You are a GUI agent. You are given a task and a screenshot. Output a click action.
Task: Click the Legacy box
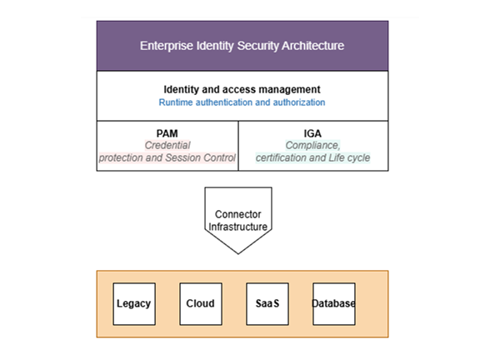pyautogui.click(x=133, y=303)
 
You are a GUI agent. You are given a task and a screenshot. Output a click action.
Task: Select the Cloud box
pyautogui.click(x=200, y=303)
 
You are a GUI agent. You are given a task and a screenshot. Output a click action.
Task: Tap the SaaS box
pyautogui.click(x=267, y=303)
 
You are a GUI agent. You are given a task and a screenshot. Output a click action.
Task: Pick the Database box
pyautogui.click(x=333, y=303)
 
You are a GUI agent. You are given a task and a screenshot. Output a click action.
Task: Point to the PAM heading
pyautogui.click(x=167, y=132)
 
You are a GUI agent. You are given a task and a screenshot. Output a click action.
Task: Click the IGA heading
pyautogui.click(x=312, y=132)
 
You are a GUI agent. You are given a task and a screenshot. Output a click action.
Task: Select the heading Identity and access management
pyautogui.click(x=242, y=89)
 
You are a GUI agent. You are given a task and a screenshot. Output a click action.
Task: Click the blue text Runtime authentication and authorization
pyautogui.click(x=242, y=102)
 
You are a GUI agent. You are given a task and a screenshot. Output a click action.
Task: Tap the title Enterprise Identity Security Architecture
pyautogui.click(x=242, y=46)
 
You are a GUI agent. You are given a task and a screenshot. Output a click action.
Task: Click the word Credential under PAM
pyautogui.click(x=167, y=145)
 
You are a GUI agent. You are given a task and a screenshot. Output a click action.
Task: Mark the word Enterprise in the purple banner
pyautogui.click(x=164, y=46)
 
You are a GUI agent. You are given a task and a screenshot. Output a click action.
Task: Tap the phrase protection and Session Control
pyautogui.click(x=167, y=157)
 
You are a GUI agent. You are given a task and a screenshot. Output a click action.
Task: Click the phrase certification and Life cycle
pyautogui.click(x=312, y=157)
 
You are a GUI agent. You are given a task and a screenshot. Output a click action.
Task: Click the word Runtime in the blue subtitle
pyautogui.click(x=177, y=102)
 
